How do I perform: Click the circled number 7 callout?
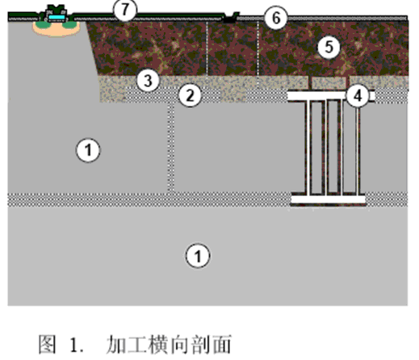pos(125,10)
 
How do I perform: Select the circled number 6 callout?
pos(276,18)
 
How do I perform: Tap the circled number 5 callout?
pos(329,48)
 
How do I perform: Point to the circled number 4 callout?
pos(358,96)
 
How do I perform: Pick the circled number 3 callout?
pos(148,80)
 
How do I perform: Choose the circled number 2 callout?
pos(190,95)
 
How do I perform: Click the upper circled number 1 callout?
pos(88,150)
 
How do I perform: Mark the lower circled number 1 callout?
pos(198,256)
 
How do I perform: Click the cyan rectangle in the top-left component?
pos(57,17)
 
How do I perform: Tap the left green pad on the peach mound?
pos(40,25)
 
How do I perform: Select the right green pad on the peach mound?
pos(69,25)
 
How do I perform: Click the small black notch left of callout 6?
pos(230,18)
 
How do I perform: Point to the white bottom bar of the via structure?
pos(329,199)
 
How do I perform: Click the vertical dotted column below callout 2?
pos(171,148)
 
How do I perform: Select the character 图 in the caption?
pos(48,344)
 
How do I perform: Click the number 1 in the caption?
pos(74,345)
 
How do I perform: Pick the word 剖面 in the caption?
pos(212,344)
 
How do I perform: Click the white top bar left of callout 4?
pos(317,96)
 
